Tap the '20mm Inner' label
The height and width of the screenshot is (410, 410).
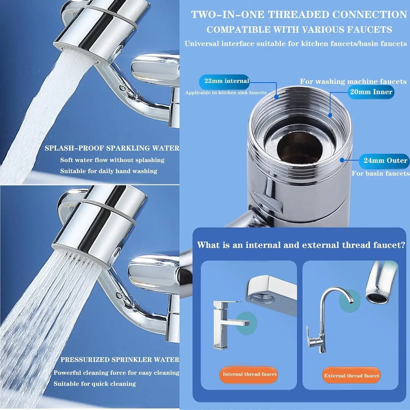coord(371,92)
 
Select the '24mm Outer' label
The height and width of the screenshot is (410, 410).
coord(385,161)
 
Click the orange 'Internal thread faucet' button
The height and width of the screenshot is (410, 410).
coord(249,374)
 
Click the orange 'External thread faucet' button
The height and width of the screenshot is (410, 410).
coord(352,376)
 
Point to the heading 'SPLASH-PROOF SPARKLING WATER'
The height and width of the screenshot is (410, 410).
coord(112,148)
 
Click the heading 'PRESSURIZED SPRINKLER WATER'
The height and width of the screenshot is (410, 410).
coord(120,360)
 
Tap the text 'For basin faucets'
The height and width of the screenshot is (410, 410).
coord(380,174)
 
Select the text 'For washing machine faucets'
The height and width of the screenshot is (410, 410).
coord(353,81)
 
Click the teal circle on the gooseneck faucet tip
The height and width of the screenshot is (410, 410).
coord(349,301)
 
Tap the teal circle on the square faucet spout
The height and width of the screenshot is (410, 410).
coord(246,323)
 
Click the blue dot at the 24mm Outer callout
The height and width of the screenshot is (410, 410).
coord(342,160)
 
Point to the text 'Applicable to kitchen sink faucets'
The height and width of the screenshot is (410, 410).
coord(225,93)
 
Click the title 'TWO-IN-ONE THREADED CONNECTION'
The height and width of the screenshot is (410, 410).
coord(299,15)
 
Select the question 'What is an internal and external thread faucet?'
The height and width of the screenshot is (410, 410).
coord(301,245)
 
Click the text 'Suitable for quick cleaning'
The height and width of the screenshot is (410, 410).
coord(95,384)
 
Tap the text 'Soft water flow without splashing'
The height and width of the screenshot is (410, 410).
coord(112,160)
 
